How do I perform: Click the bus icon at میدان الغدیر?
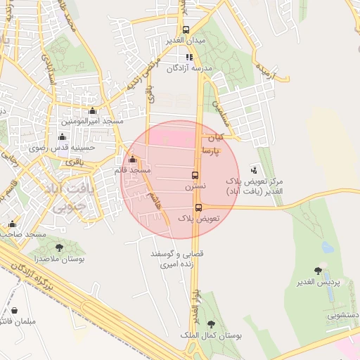tap(186, 30)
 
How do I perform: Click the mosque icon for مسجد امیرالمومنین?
tap(92, 111)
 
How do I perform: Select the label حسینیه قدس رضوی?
tap(56, 148)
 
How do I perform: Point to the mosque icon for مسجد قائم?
tap(134, 159)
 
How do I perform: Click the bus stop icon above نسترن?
tap(195, 175)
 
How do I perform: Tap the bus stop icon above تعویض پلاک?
tap(198, 207)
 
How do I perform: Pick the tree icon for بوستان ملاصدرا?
tap(58, 247)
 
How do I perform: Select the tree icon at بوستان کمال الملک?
tap(211, 324)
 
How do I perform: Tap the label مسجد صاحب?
tap(24, 233)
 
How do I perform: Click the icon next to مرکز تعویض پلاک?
tap(254, 169)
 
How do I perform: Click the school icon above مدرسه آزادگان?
tap(188, 57)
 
